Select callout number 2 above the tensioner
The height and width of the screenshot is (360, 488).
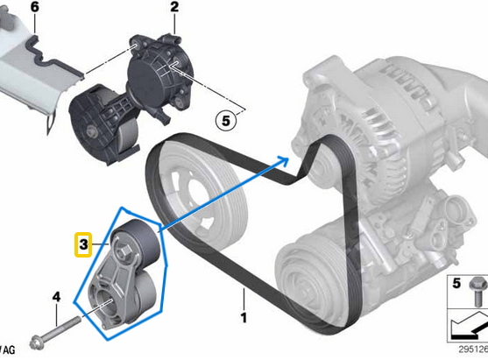tap(174, 7)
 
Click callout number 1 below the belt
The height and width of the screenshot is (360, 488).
tap(244, 318)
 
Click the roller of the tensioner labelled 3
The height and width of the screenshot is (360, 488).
tap(136, 240)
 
